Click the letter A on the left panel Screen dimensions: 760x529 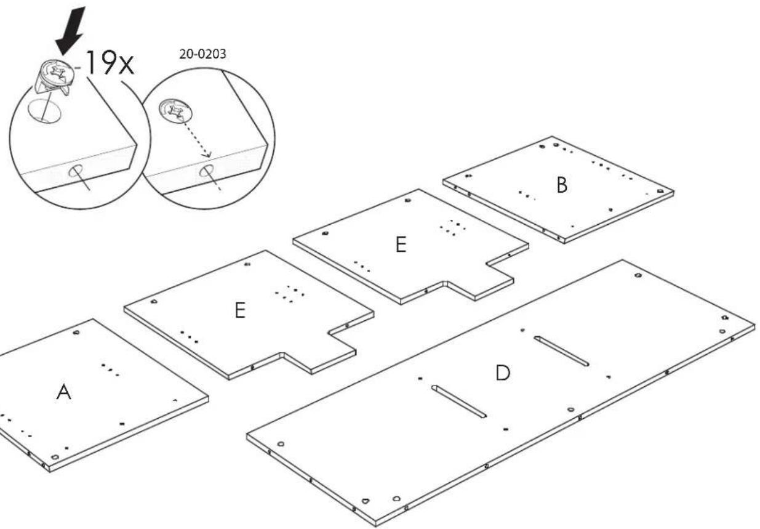[64, 392]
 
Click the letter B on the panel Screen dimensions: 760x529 [562, 185]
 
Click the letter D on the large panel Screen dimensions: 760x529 [503, 373]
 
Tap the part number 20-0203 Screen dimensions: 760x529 [202, 54]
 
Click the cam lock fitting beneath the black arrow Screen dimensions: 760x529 [54, 77]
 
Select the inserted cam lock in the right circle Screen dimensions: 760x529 [175, 110]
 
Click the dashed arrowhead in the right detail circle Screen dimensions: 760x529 [207, 155]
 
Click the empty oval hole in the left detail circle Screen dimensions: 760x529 [44, 111]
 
